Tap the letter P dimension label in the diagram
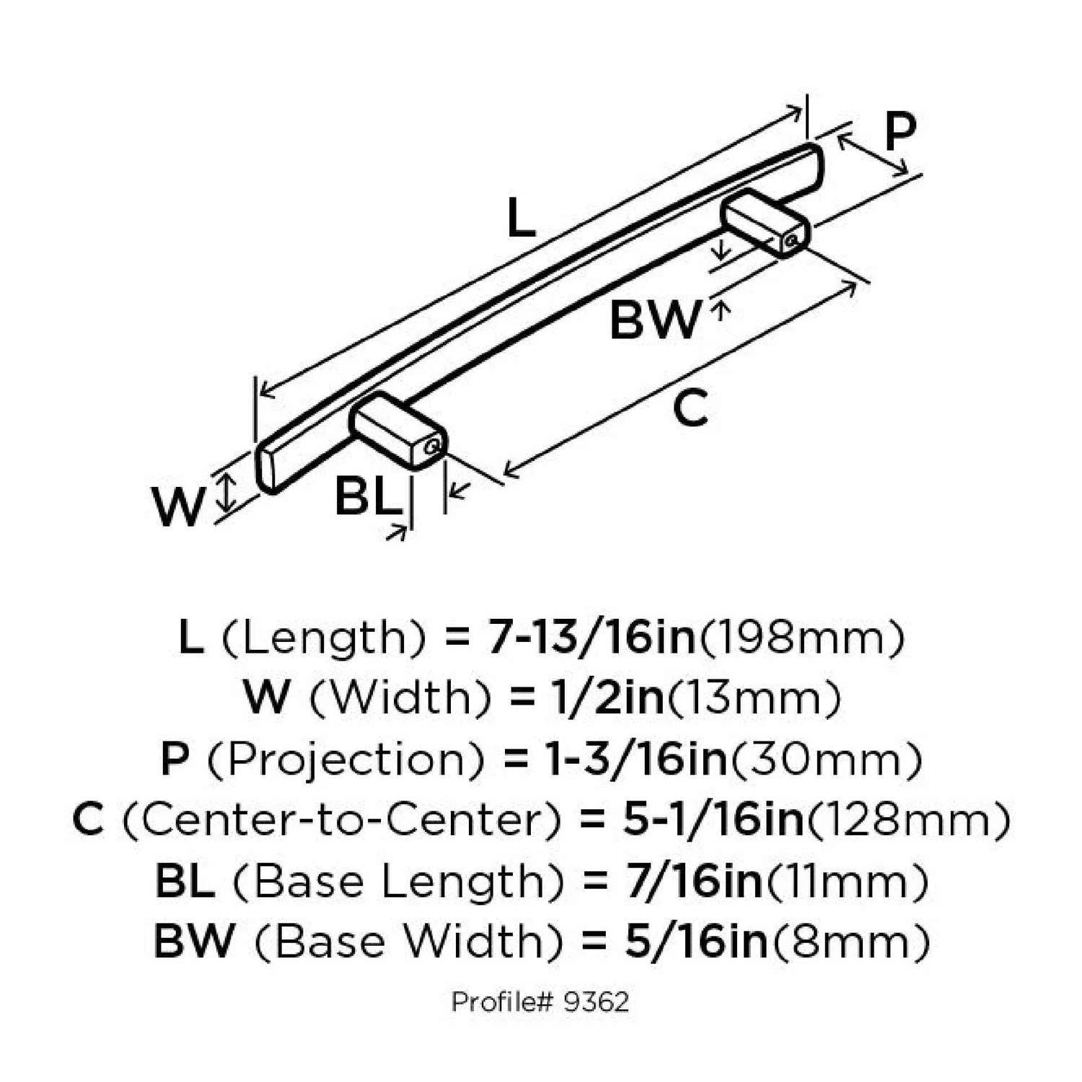tap(900, 131)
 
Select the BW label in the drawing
tap(654, 320)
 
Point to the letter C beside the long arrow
tap(690, 408)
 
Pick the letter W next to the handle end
tap(177, 506)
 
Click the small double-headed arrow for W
tap(227, 493)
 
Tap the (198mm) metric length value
tap(801, 638)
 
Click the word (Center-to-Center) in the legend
tap(341, 820)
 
